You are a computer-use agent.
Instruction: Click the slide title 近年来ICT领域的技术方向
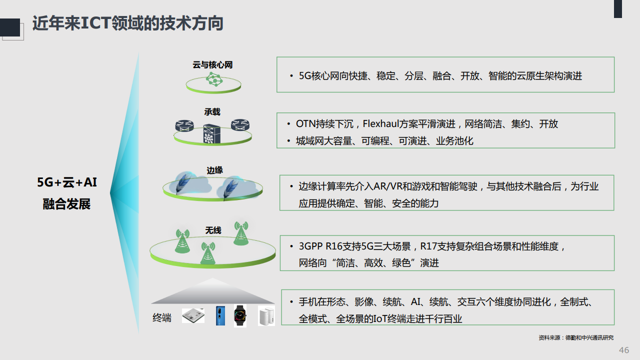pyautogui.click(x=127, y=23)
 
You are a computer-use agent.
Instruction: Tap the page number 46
pyautogui.click(x=624, y=350)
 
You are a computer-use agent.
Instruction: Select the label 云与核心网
pyautogui.click(x=212, y=65)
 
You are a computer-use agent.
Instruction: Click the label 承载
pyautogui.click(x=212, y=111)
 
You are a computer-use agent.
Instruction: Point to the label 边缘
pyautogui.click(x=214, y=170)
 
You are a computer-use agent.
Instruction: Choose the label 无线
pyautogui.click(x=213, y=230)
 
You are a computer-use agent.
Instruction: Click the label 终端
pyautogui.click(x=162, y=317)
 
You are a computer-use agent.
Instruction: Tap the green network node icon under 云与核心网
pyautogui.click(x=214, y=79)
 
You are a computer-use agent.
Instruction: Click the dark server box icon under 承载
pyautogui.click(x=211, y=133)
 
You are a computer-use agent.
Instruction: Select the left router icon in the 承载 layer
pyautogui.click(x=184, y=125)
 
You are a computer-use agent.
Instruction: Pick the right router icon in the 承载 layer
pyautogui.click(x=240, y=125)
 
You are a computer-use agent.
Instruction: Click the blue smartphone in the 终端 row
pyautogui.click(x=220, y=315)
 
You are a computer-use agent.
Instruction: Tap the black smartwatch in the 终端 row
pyautogui.click(x=240, y=315)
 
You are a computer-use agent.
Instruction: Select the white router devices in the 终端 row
pyautogui.click(x=266, y=315)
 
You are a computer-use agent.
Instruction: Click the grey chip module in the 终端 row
pyautogui.click(x=193, y=315)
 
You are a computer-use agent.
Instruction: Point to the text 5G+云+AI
pyautogui.click(x=67, y=182)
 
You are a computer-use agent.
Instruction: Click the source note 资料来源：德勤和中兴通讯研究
pyautogui.click(x=576, y=337)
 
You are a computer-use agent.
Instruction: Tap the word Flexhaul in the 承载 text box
pyautogui.click(x=381, y=123)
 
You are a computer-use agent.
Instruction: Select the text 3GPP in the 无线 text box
pyautogui.click(x=311, y=246)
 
